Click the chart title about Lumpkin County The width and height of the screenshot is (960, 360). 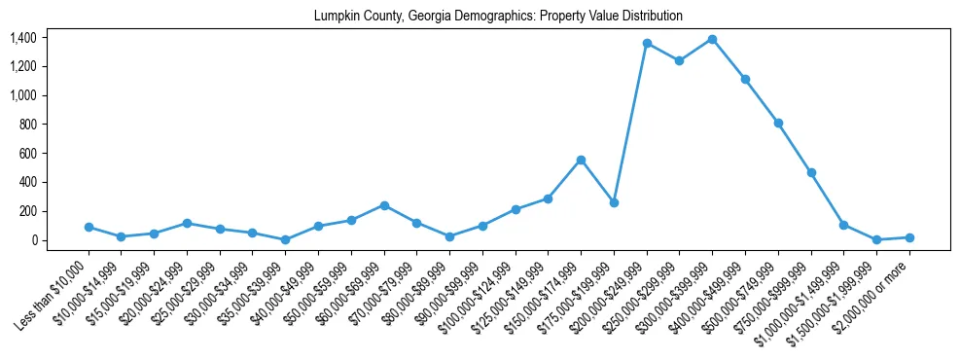click(498, 17)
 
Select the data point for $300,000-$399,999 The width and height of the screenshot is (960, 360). click(712, 39)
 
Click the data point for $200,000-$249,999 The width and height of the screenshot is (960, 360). click(647, 44)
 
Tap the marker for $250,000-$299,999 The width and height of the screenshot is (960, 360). click(679, 60)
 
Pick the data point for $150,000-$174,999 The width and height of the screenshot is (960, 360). click(581, 160)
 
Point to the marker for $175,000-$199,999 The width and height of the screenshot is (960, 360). click(614, 202)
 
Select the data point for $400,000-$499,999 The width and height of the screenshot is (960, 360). click(745, 79)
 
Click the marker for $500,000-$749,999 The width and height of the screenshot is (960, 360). click(778, 123)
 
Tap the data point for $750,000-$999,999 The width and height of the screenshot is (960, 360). click(811, 172)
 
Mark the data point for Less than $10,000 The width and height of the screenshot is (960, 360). click(89, 227)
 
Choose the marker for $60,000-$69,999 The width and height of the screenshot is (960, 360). click(384, 205)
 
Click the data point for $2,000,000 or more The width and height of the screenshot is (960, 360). click(909, 237)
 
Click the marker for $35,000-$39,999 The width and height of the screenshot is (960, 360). click(285, 239)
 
